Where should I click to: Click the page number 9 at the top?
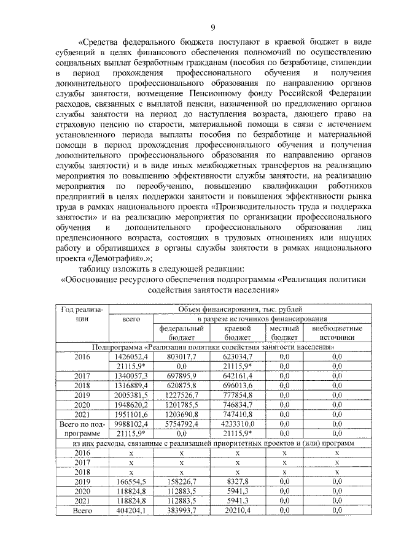coord(212,27)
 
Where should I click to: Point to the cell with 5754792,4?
coord(181,424)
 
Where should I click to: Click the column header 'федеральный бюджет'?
coord(181,333)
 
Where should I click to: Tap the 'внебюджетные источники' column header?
coord(337,333)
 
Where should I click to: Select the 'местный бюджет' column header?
coord(284,333)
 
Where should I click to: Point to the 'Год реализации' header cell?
coord(80,314)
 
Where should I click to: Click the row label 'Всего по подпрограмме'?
coord(80,429)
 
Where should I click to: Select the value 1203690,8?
coord(181,415)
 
